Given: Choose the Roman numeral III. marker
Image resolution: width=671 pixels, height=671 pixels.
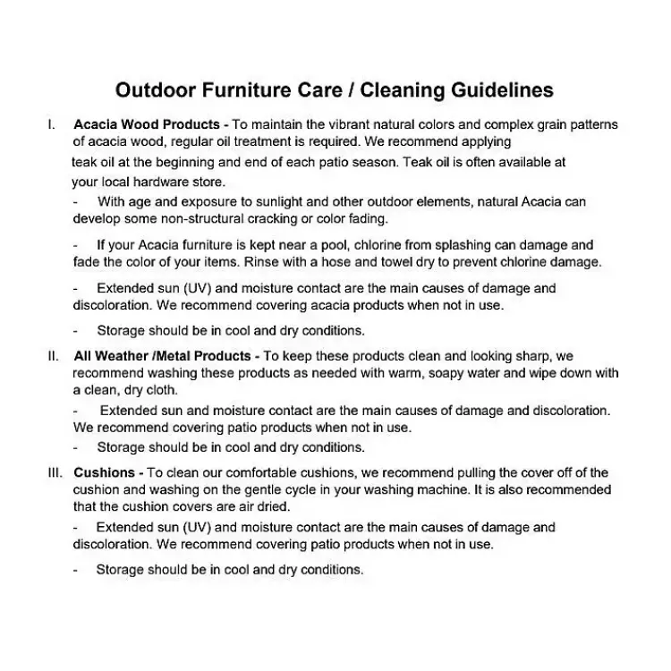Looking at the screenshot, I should (x=55, y=472).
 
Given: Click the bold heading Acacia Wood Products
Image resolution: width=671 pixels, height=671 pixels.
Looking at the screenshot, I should (x=148, y=125).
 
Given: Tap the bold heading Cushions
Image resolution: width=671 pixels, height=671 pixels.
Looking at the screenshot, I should (x=105, y=472).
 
